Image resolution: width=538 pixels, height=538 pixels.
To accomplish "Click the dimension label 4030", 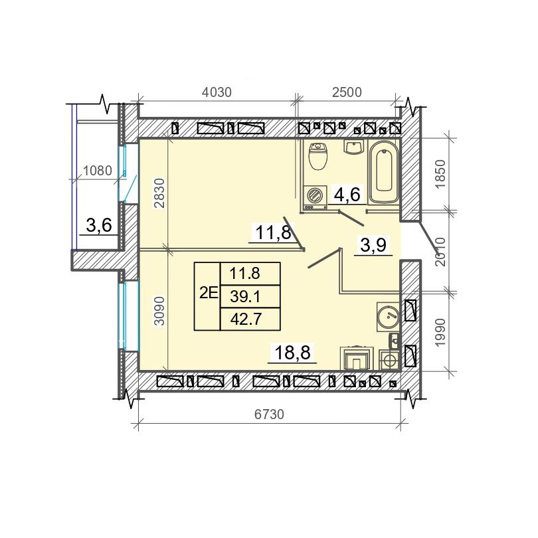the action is click(217, 92).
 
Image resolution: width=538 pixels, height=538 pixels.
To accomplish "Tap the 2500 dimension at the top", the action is click(347, 92).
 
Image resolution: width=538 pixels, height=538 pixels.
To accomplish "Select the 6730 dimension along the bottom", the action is click(270, 414).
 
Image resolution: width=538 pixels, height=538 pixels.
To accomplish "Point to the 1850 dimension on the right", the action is click(440, 173).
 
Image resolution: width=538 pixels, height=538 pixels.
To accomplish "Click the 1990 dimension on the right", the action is click(440, 332).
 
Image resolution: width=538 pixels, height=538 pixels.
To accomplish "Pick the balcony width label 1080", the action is click(98, 171).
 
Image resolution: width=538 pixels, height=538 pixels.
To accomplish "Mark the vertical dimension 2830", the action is click(160, 193).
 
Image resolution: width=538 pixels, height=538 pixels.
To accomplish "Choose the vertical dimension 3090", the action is click(160, 311).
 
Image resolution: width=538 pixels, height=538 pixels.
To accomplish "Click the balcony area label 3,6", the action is click(99, 226).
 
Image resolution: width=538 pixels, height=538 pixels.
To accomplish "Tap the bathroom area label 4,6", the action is click(347, 195).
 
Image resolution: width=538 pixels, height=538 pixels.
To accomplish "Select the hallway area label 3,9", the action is click(373, 245).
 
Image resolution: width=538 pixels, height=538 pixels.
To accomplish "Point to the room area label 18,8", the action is click(293, 353).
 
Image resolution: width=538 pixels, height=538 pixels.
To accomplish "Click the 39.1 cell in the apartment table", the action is click(246, 296).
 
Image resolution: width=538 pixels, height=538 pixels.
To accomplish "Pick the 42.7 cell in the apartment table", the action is click(246, 319).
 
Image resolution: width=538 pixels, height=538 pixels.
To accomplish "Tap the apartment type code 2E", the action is click(209, 294).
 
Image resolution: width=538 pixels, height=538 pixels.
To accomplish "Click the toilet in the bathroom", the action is click(318, 156).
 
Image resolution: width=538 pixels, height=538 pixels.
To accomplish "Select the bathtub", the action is click(384, 171).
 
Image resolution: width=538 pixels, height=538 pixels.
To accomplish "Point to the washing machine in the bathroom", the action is click(315, 198).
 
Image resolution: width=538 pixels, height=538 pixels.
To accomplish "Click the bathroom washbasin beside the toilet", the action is click(353, 147).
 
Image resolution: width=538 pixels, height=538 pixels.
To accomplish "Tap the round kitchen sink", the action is click(388, 317).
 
